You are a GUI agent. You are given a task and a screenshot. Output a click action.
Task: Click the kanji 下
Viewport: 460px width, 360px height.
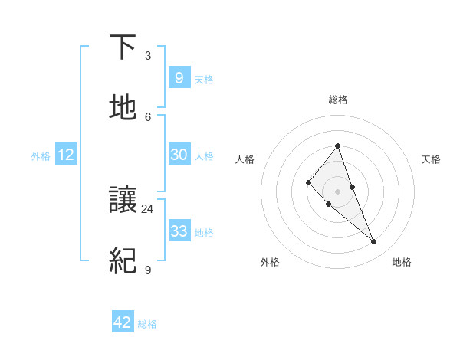123,48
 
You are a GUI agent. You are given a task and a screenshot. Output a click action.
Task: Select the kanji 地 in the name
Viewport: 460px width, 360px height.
123,108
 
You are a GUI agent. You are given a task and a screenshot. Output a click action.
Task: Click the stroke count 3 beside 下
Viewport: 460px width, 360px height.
148,56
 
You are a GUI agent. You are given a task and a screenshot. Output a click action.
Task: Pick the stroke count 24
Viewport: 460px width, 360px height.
148,208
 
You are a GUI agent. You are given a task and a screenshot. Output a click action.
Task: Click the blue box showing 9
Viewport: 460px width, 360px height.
179,77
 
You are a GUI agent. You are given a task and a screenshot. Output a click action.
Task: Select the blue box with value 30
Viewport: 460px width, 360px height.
179,155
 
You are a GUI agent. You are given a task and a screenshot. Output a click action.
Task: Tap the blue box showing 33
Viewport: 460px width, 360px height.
179,231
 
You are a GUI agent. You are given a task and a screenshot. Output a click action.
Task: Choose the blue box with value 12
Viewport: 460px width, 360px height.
66,155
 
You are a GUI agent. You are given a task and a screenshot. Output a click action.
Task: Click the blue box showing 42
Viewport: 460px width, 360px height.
123,322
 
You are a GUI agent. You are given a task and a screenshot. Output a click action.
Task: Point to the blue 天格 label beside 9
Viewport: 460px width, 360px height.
204,79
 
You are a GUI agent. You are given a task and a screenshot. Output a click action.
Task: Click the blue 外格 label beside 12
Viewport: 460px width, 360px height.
41,156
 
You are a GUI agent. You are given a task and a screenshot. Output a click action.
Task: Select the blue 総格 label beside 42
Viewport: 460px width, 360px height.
147,324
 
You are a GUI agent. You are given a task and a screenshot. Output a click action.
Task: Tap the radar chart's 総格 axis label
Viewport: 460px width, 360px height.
337,100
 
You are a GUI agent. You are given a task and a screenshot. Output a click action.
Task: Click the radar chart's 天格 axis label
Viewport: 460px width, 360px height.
431,159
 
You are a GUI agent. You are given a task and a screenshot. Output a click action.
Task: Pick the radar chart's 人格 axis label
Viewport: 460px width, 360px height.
245,159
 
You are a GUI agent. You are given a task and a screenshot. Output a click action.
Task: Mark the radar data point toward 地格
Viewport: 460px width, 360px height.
373,242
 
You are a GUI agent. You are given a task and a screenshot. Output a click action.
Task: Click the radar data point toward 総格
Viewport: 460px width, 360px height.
337,146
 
